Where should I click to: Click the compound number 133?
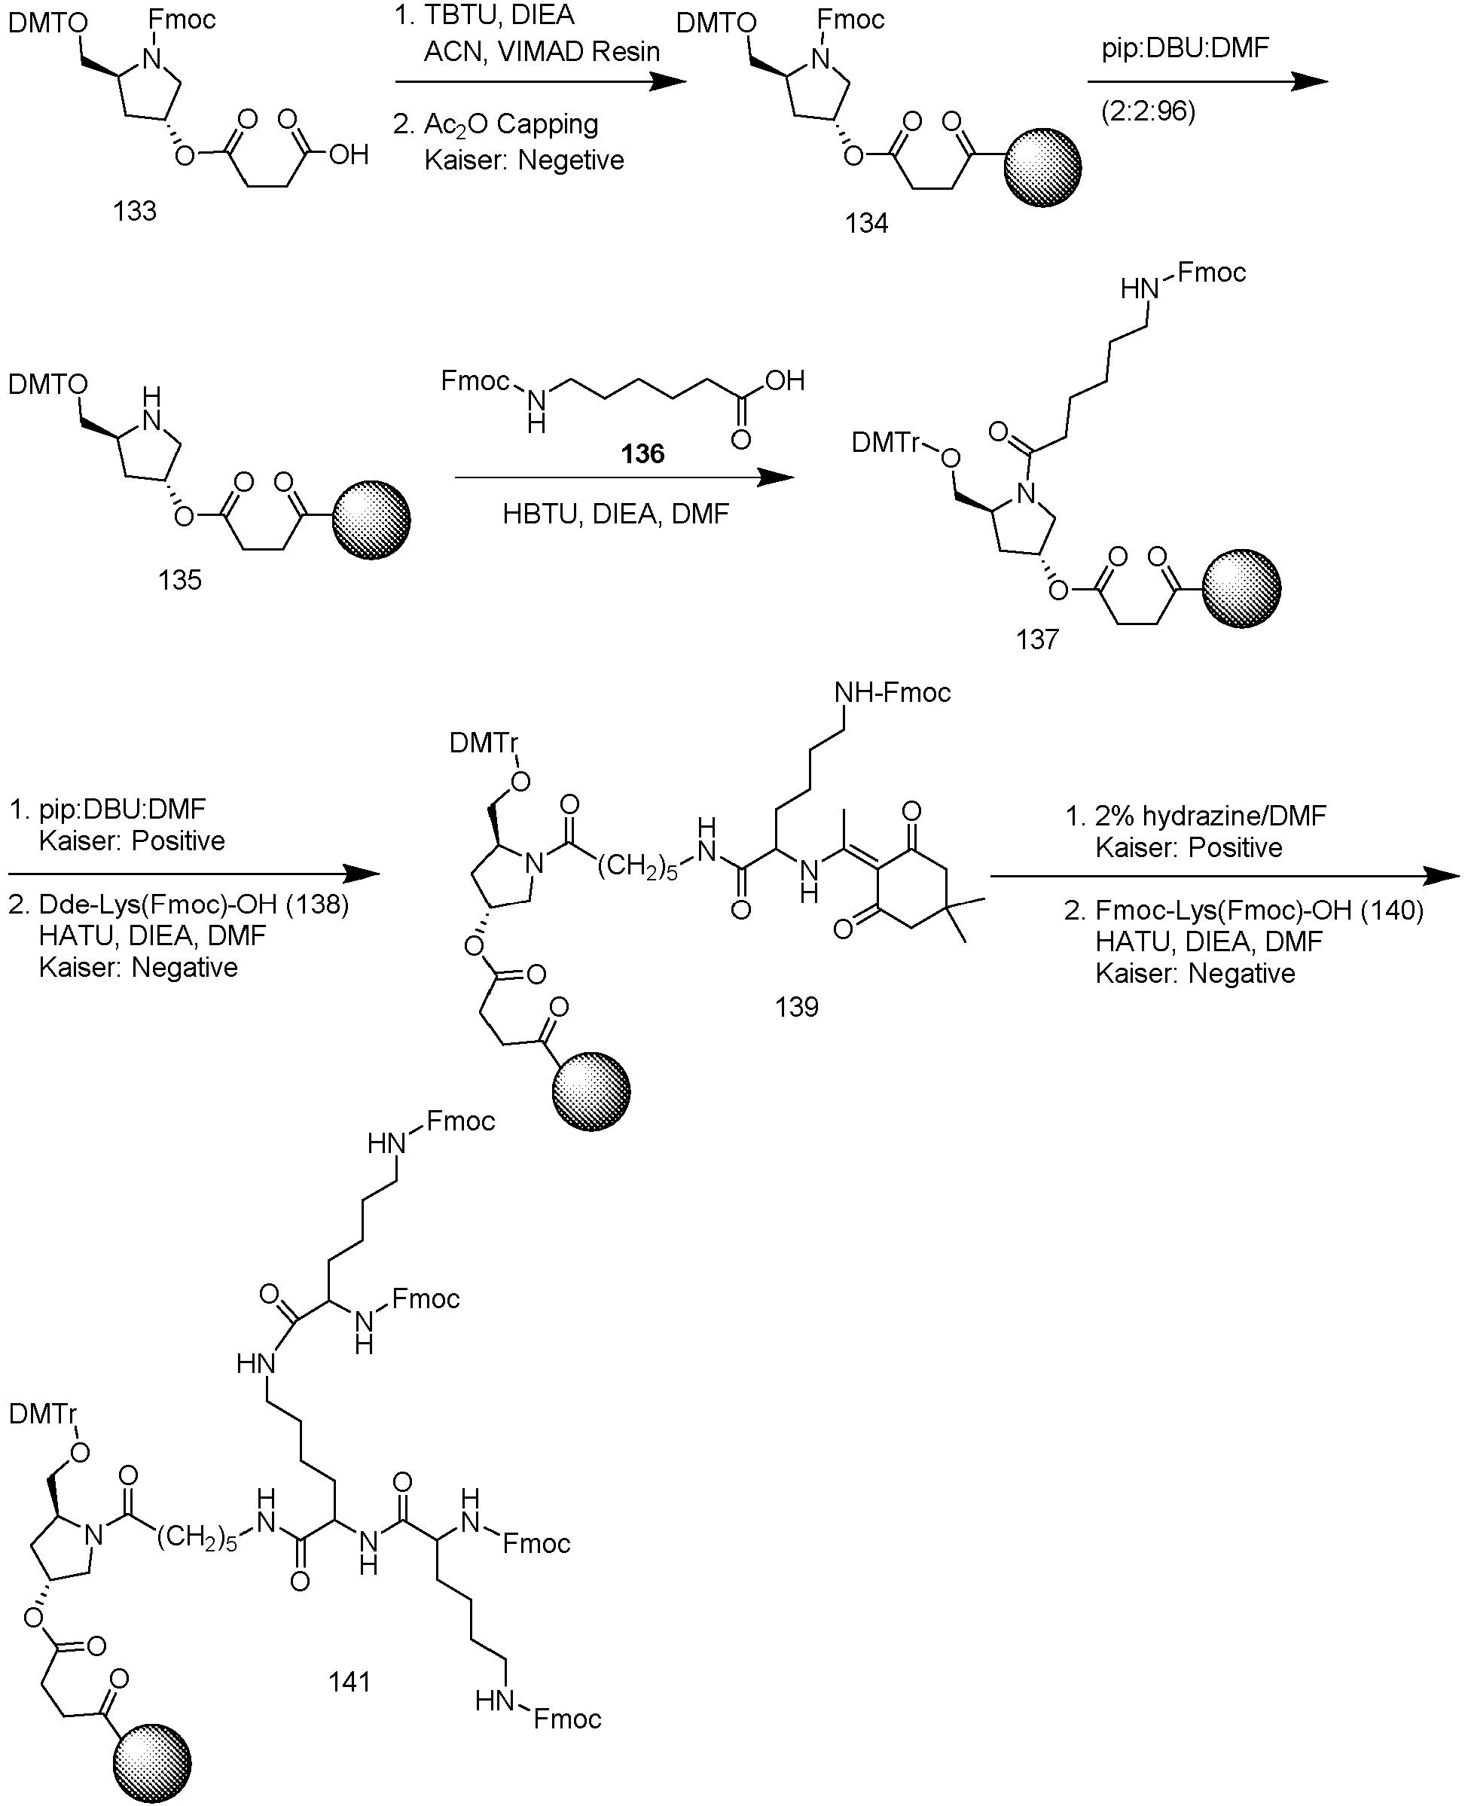pos(135,211)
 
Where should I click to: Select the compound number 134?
pos(866,223)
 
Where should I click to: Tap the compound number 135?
pos(179,579)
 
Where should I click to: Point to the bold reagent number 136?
pos(642,453)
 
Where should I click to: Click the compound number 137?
pos(1036,639)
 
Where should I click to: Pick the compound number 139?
pos(797,1006)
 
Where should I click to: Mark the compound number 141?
pos(349,1682)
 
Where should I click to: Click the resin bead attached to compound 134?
pos(1042,167)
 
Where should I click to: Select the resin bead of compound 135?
pos(371,520)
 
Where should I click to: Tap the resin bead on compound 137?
pos(1241,588)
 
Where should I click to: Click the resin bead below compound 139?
pos(591,1091)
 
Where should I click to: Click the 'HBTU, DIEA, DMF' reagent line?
pos(615,514)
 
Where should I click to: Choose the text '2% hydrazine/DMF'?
pos(1210,816)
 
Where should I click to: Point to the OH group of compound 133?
pos(349,154)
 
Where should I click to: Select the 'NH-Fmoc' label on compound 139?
pos(892,694)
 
